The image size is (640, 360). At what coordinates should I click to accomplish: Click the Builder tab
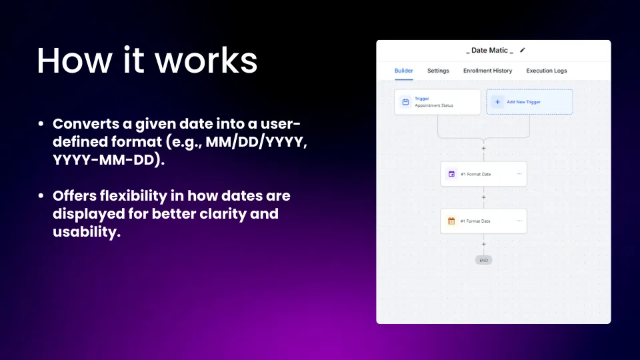click(x=404, y=71)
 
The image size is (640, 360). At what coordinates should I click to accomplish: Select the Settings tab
click(x=438, y=71)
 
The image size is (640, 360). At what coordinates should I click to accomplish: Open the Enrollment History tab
click(x=487, y=71)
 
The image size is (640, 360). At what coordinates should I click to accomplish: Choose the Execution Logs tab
click(x=547, y=71)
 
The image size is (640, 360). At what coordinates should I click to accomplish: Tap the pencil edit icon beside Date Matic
click(x=523, y=50)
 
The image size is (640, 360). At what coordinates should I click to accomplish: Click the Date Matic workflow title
click(x=489, y=50)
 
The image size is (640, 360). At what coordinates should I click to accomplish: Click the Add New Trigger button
click(x=529, y=101)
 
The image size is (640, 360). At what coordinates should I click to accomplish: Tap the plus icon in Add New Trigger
click(x=497, y=102)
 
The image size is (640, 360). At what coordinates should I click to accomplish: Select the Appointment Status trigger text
click(x=434, y=105)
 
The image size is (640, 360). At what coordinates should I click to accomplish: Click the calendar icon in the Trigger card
click(x=405, y=102)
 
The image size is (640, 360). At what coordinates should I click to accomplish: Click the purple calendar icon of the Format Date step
click(x=451, y=174)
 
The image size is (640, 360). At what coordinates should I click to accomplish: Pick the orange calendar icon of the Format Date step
click(x=451, y=221)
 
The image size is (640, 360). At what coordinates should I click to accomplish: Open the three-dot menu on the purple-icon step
click(x=519, y=174)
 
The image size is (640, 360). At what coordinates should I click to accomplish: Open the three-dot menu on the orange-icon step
click(x=519, y=221)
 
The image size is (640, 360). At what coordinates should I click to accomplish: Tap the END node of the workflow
click(x=484, y=260)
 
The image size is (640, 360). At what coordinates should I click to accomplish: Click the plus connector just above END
click(x=484, y=244)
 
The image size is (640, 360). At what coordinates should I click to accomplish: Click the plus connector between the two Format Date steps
click(x=484, y=197)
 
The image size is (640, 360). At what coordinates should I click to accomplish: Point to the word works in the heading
click(x=206, y=61)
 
